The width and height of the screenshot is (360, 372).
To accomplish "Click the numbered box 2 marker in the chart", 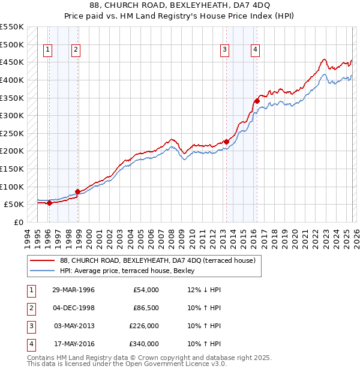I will [x=76, y=50].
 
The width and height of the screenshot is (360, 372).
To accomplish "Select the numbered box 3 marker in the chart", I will [x=224, y=50].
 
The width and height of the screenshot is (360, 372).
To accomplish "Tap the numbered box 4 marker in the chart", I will [x=256, y=50].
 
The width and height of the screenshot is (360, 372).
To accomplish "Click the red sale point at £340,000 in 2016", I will [x=257, y=101].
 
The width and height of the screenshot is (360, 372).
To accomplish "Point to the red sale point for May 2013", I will [x=226, y=142].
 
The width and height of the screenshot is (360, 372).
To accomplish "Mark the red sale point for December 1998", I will [x=77, y=191].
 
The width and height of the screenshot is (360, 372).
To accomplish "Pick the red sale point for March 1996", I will [x=49, y=203].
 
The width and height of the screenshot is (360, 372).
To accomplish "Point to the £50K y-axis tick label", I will [x=14, y=204].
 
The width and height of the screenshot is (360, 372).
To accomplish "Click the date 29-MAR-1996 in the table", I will [x=73, y=290].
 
